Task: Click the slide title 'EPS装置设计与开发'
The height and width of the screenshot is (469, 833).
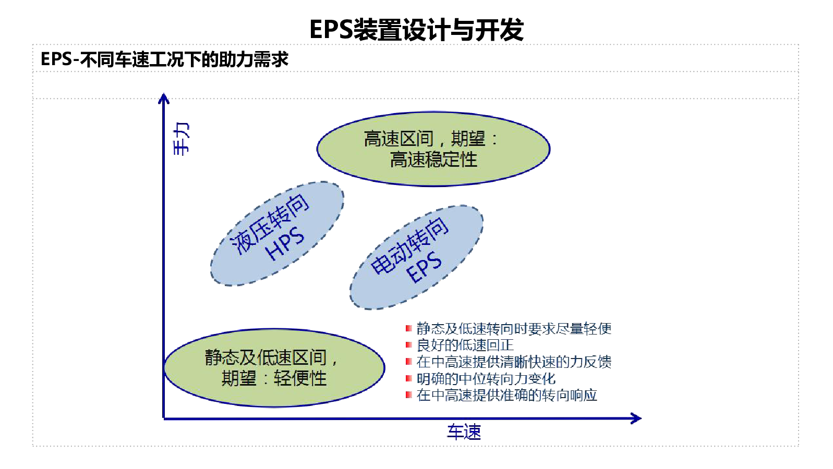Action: coord(416,29)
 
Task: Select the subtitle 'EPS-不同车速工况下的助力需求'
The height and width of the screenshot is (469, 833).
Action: coord(164,59)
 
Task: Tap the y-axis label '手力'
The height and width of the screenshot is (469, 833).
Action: coord(181,139)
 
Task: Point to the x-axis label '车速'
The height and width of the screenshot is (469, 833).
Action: coord(464,432)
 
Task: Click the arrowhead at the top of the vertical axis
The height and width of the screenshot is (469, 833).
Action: coord(164,98)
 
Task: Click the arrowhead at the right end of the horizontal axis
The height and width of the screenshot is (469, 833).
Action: coord(636,418)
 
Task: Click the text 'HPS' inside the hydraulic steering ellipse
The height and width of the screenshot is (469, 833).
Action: coord(285,244)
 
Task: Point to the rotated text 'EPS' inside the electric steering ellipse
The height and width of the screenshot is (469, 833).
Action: coord(424,267)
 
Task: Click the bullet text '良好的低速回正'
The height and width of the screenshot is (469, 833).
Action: coord(465,345)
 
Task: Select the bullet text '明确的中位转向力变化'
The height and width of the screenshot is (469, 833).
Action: coord(486,378)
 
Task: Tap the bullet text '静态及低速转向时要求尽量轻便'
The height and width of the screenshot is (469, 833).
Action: coord(514,328)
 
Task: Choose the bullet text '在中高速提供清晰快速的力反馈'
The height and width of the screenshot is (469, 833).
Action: coord(514,362)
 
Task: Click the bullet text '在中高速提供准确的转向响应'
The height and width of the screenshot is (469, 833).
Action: coord(506,395)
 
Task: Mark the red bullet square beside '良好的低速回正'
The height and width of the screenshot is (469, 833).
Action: coord(408,345)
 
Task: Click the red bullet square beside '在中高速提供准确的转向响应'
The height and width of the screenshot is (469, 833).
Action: coord(408,395)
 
